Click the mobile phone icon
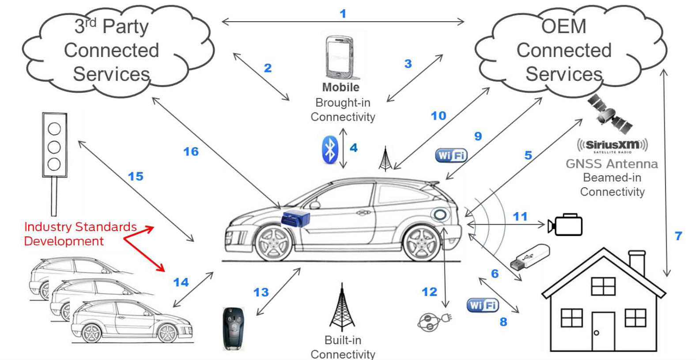[x=340, y=57]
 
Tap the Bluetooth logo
[x=329, y=149]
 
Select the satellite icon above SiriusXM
[x=609, y=114]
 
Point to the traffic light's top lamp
[x=54, y=129]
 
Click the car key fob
[x=233, y=328]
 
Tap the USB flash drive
[x=530, y=258]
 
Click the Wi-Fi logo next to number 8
[x=482, y=305]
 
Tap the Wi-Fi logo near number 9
[x=451, y=155]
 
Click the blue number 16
[x=191, y=152]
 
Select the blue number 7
[x=678, y=236]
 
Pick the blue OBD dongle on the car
[x=296, y=218]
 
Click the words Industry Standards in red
[x=80, y=227]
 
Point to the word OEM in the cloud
[x=564, y=26]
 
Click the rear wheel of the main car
[x=422, y=243]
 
